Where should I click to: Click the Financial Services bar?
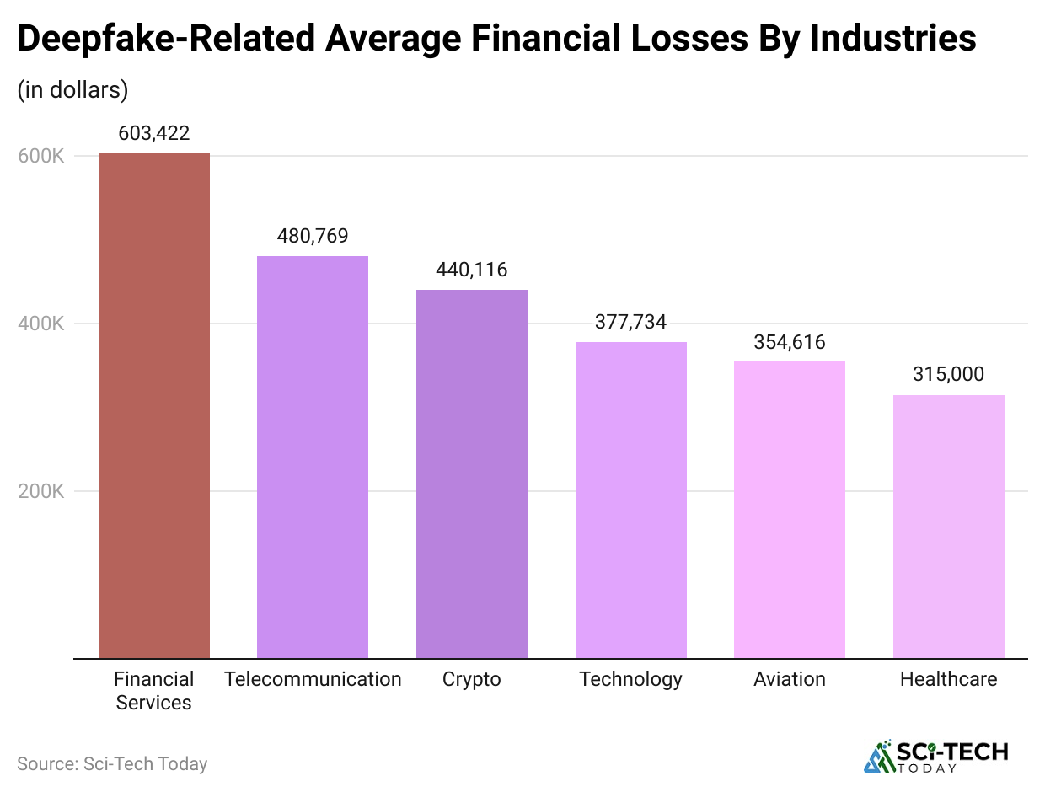[x=154, y=405]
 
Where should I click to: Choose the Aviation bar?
[x=790, y=510]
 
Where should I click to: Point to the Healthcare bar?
[x=948, y=527]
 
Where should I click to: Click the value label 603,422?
[x=154, y=133]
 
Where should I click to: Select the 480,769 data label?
[x=313, y=236]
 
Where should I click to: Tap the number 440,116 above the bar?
[x=472, y=270]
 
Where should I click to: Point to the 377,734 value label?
[x=630, y=322]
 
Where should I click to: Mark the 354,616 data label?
[x=790, y=342]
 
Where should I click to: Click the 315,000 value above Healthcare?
[x=948, y=375]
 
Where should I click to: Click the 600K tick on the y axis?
[x=41, y=156]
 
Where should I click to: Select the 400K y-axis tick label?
[x=41, y=324]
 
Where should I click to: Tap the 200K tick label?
[x=41, y=491]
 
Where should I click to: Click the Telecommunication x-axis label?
[x=313, y=679]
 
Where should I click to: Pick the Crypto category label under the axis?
[x=472, y=679]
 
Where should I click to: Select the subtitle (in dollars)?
[x=72, y=90]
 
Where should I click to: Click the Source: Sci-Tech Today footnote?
[x=112, y=764]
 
